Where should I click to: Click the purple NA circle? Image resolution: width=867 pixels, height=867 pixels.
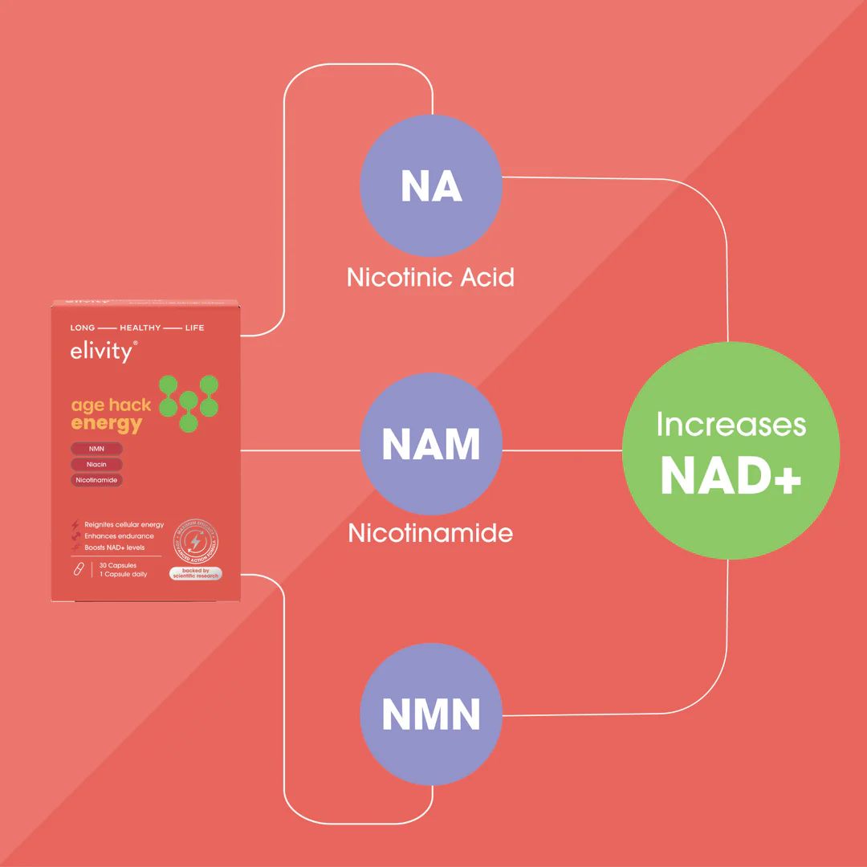point(431,186)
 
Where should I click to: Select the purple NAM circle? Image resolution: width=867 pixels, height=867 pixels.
point(431,444)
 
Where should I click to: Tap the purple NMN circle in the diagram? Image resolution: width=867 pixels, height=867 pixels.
point(431,714)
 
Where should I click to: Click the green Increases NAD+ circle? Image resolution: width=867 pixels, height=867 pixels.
point(731,450)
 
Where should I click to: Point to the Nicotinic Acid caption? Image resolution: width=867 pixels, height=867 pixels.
point(430,278)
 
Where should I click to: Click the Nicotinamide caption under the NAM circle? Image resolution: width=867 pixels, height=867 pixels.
point(430,533)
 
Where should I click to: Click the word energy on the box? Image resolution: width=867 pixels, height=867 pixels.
point(106,424)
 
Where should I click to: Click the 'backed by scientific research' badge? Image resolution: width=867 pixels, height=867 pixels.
point(195,573)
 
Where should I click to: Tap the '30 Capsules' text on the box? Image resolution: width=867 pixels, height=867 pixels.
point(118,566)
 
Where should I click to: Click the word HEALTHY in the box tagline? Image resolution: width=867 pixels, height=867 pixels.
point(140,328)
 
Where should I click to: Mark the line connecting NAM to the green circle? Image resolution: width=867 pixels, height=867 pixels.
point(562,450)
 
